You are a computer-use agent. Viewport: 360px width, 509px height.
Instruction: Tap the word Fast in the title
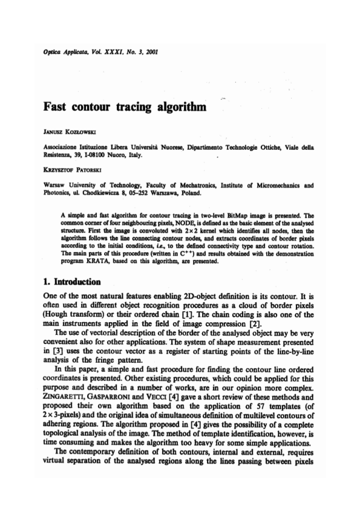coord(55,108)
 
